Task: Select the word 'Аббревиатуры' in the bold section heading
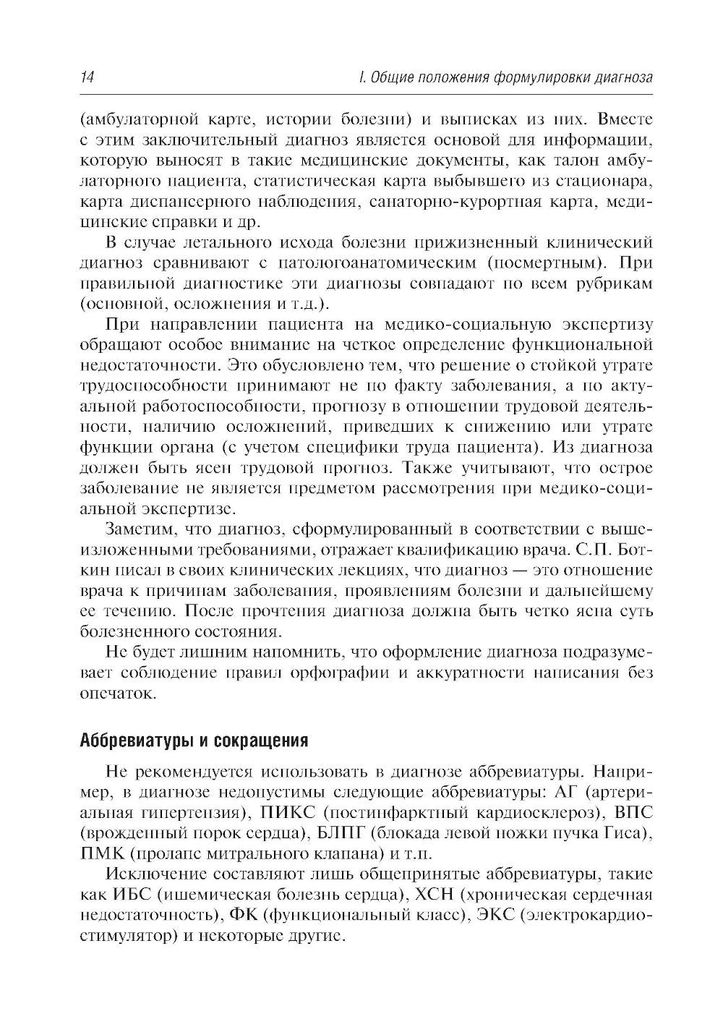[x=135, y=741]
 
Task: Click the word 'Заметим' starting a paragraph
[x=140, y=527]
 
